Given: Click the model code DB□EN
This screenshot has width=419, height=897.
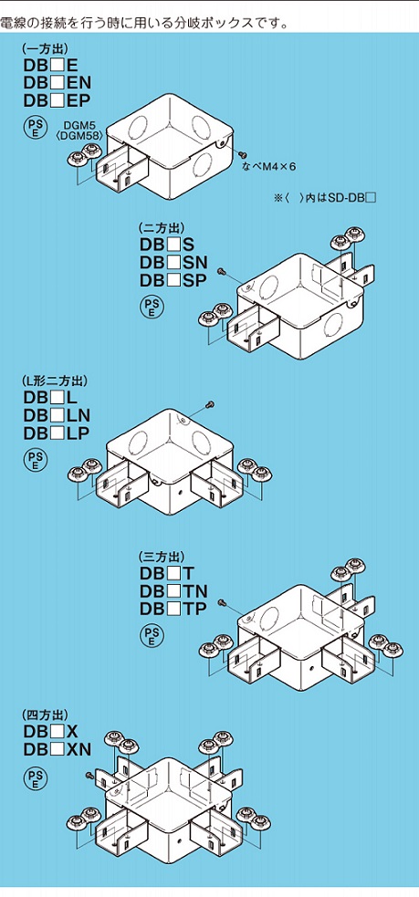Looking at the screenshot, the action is [x=58, y=82].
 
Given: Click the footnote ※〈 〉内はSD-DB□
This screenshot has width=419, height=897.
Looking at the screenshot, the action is [x=325, y=199].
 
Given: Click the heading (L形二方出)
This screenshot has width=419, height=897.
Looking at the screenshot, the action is [x=55, y=381].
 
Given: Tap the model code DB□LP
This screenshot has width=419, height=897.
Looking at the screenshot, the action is [x=57, y=433].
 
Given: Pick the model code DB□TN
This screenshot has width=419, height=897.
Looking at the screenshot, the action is [x=173, y=591].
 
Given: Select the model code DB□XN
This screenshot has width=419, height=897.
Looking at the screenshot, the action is [x=58, y=749].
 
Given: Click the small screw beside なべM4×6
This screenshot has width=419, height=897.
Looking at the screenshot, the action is [x=243, y=153].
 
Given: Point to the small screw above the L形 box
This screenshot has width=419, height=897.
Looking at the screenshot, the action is [x=210, y=404].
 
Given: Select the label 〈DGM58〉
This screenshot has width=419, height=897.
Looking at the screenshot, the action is [x=77, y=136].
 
